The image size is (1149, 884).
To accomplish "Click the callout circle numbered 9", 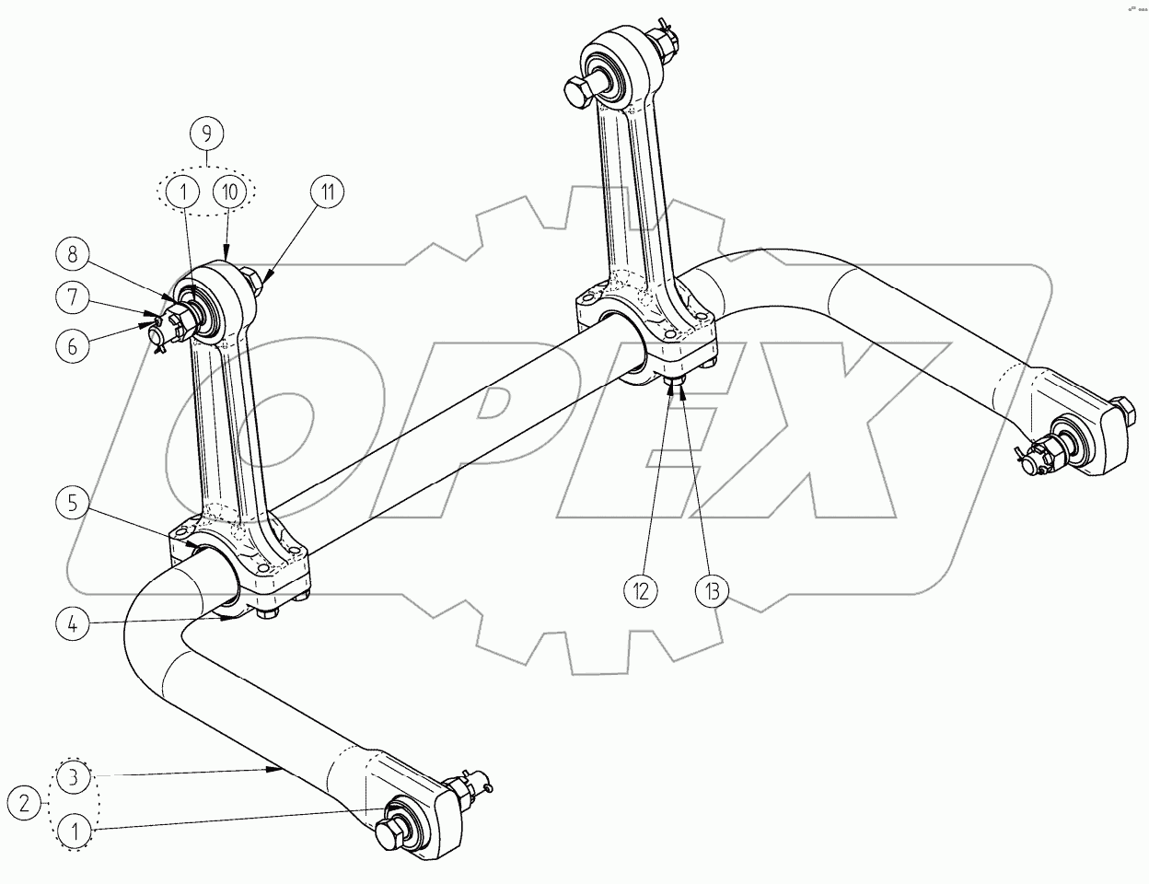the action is [x=206, y=134].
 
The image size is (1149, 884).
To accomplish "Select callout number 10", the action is [x=229, y=192].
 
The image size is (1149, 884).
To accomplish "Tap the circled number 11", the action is [x=327, y=192].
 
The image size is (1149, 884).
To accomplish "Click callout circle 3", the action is [x=76, y=777].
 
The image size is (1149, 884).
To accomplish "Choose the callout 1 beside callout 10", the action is [x=183, y=192].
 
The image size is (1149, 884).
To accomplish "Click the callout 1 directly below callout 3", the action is [x=76, y=832].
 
